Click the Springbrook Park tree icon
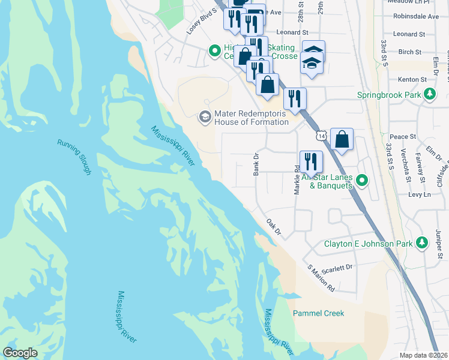[x=430, y=94]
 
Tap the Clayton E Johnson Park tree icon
[x=423, y=243]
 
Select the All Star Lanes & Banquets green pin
[x=361, y=180]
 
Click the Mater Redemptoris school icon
[x=205, y=116]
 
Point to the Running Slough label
[x=74, y=157]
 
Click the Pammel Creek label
[x=318, y=313]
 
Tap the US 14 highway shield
[x=323, y=137]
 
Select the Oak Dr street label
[x=274, y=226]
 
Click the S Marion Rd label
[x=321, y=278]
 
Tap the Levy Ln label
[x=420, y=195]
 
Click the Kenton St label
[x=412, y=79]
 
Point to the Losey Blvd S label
[x=201, y=20]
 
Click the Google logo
[x=20, y=353]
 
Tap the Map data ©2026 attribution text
[x=423, y=355]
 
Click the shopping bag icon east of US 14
[x=342, y=140]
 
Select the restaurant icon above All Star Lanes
[x=311, y=161]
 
